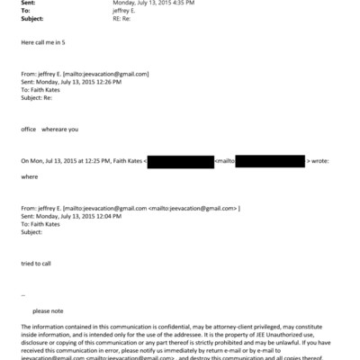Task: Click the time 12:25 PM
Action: pyautogui.click(x=90, y=160)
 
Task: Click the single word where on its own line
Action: pyautogui.click(x=29, y=176)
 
